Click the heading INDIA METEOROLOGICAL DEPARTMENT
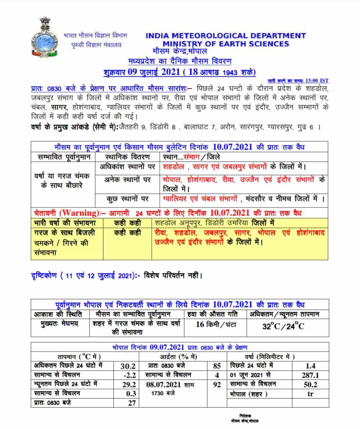coord(225,36)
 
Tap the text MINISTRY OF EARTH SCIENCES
coord(225,44)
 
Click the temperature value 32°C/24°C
coord(283,326)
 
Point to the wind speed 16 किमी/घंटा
coord(216,324)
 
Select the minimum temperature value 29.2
coord(129,384)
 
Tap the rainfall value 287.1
coord(310,375)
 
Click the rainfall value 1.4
coord(310,366)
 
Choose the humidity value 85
coord(217,366)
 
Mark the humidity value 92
coord(217,384)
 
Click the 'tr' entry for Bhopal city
coord(310,394)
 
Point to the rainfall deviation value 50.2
coord(310,384)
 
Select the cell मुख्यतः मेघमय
coord(60,324)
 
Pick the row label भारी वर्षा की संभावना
coord(65,223)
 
